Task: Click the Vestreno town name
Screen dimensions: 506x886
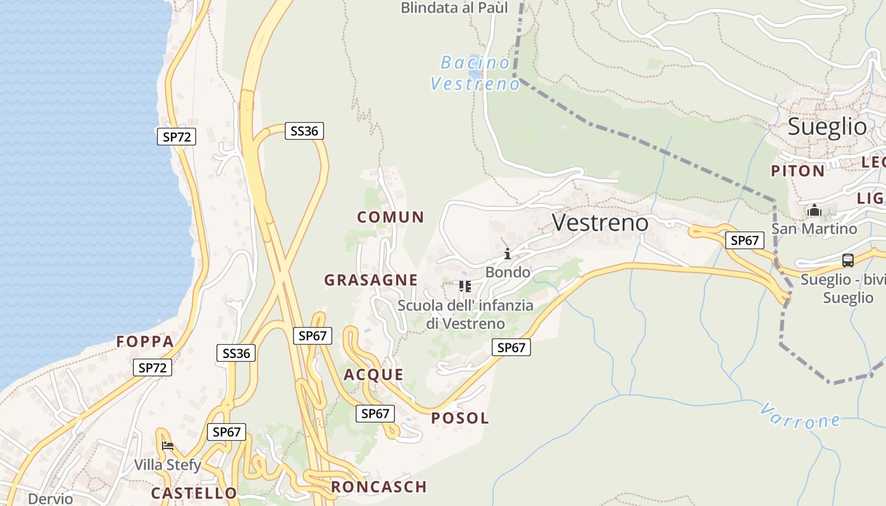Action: [x=600, y=223]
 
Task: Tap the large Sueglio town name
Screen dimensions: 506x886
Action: [x=827, y=126]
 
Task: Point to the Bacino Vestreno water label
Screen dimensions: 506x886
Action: [x=475, y=73]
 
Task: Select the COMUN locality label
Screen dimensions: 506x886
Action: [x=390, y=217]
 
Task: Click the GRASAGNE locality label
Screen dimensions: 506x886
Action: [x=371, y=280]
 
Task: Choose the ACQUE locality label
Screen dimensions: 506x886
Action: [x=373, y=374]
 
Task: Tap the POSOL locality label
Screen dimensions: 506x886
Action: [x=460, y=418]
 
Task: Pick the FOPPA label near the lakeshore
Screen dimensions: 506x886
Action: [x=145, y=342]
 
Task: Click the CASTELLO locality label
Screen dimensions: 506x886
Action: [x=194, y=493]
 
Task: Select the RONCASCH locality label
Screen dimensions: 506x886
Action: [x=378, y=486]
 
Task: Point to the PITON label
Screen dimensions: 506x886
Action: [x=797, y=171]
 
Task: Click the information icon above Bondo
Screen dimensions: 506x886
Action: [x=507, y=254]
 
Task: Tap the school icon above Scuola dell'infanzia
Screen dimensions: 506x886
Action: [x=465, y=287]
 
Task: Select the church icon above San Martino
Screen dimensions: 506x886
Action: [x=814, y=210]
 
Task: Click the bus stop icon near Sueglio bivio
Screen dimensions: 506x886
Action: [x=847, y=260]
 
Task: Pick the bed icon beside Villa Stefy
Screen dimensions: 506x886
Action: [x=168, y=446]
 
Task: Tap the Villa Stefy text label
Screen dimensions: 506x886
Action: [x=168, y=466]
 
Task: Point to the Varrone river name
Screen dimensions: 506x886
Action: [x=800, y=416]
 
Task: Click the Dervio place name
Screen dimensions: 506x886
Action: [x=51, y=498]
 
